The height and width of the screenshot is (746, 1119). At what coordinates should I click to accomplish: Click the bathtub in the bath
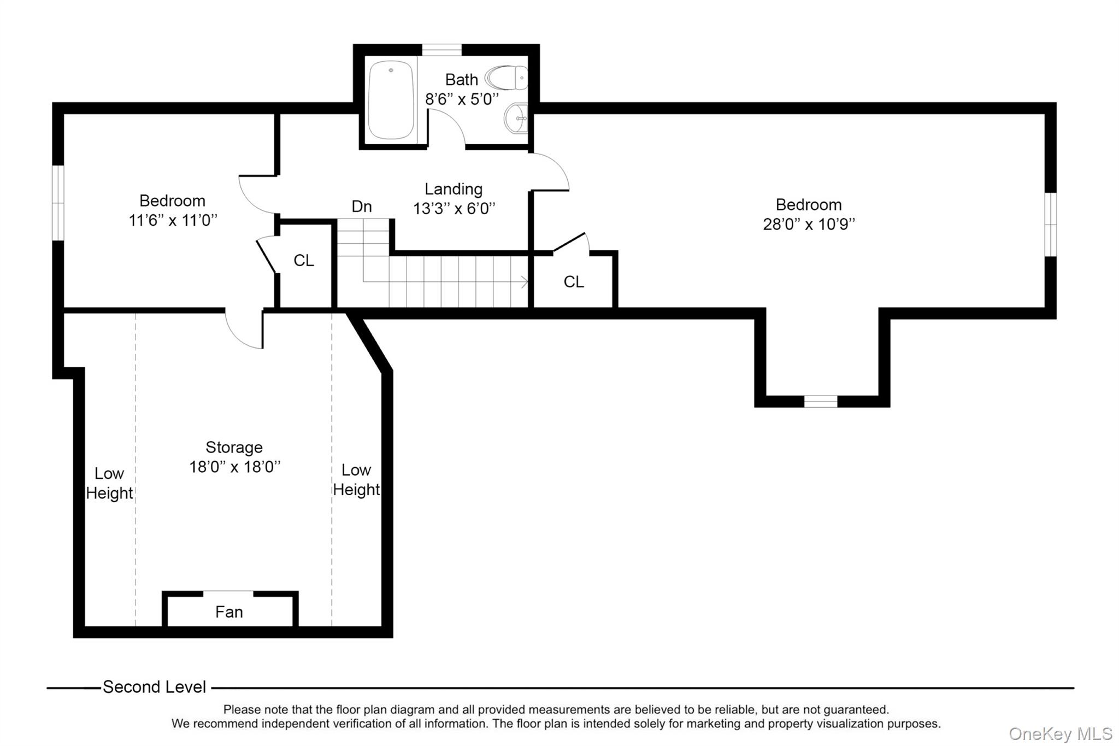[391, 100]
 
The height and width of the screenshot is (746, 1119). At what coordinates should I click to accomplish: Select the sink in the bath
[516, 118]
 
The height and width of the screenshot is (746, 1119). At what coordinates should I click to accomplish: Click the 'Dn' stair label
[362, 207]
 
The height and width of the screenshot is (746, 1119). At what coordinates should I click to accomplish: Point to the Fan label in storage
[229, 612]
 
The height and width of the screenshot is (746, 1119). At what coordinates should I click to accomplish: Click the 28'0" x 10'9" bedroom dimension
[809, 224]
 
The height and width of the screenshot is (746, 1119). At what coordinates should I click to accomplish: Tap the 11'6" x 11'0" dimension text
[173, 220]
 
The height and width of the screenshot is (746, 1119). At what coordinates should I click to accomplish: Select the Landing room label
[454, 189]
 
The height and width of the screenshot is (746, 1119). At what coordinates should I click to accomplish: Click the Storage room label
[234, 448]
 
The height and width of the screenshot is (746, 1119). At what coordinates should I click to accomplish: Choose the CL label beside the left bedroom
[304, 261]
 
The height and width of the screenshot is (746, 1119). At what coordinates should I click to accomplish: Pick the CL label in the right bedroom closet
[574, 282]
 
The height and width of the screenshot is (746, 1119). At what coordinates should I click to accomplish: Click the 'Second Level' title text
[154, 687]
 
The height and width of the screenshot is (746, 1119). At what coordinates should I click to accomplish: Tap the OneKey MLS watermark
[1061, 734]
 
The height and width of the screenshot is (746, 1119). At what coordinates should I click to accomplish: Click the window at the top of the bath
[441, 50]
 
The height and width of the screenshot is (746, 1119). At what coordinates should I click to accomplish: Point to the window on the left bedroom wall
[58, 203]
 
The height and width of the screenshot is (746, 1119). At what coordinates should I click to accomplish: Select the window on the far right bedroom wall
[1051, 224]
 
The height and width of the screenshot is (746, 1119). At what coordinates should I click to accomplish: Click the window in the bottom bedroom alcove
[821, 402]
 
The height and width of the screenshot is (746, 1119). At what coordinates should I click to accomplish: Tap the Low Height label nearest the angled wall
[356, 480]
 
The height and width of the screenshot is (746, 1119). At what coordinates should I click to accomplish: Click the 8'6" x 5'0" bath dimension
[462, 99]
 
